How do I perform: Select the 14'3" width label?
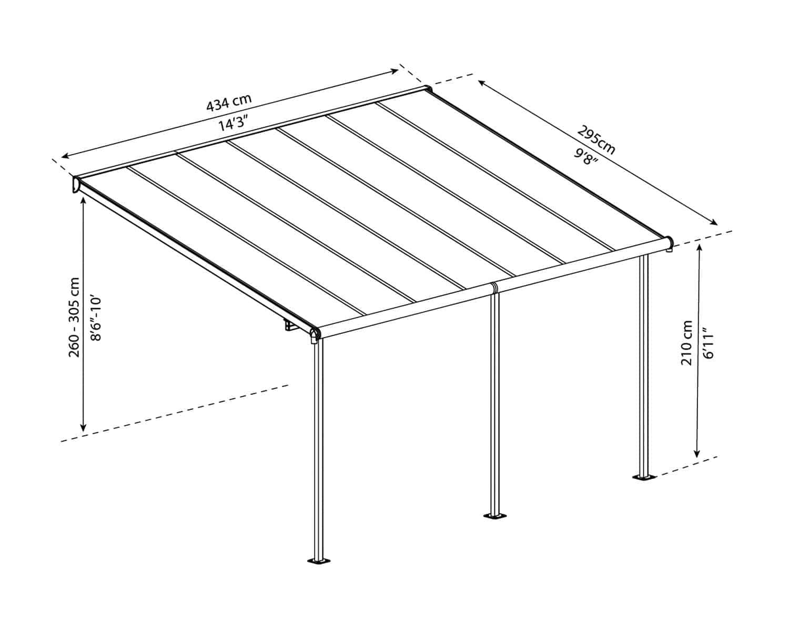point(234,123)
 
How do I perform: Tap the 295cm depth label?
point(596,140)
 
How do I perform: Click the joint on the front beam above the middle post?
point(494,288)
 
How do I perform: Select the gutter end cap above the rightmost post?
point(670,243)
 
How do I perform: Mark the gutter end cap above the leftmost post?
point(315,335)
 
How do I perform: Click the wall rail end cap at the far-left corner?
point(76,184)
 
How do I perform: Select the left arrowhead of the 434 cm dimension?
point(66,156)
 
